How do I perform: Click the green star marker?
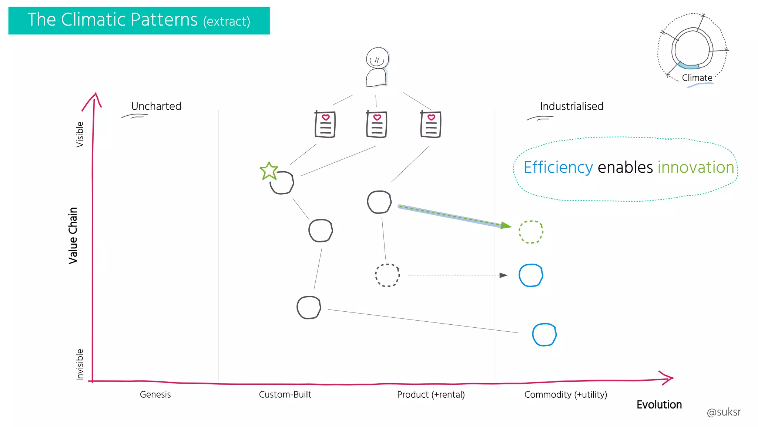269,171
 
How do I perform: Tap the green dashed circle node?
531,232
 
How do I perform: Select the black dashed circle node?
387,275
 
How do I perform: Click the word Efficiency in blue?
558,168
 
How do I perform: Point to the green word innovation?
695,168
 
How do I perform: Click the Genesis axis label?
155,394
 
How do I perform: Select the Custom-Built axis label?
285,394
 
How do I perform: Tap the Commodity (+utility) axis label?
566,394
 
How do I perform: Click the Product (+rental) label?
431,394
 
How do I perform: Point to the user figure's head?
377,58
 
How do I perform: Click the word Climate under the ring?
697,78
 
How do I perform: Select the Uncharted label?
156,106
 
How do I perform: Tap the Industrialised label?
571,106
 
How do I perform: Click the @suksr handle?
724,412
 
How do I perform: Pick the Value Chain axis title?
73,235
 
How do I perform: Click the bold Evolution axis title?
659,405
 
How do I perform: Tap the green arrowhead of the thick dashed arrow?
506,225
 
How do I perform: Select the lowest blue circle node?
544,335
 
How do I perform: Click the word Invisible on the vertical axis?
80,364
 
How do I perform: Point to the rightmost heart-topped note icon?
431,125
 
